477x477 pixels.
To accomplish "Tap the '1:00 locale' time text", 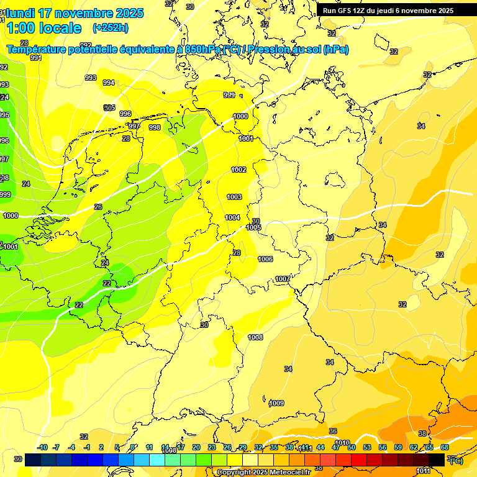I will pyautogui.click(x=43, y=28).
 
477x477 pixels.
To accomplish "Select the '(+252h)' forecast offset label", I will pyautogui.click(x=110, y=28).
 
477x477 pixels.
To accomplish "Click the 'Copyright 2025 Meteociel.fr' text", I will pyautogui.click(x=263, y=473).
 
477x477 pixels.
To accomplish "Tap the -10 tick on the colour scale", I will pyautogui.click(x=42, y=447).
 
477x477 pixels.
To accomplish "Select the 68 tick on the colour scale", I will pyautogui.click(x=445, y=447).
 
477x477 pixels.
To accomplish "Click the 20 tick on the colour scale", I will pyautogui.click(x=196, y=447).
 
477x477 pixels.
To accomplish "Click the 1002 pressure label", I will pyautogui.click(x=238, y=170).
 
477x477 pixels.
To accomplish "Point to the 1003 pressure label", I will pyautogui.click(x=234, y=197).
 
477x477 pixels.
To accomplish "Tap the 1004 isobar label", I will pyautogui.click(x=232, y=217).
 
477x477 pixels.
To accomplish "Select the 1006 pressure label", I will pyautogui.click(x=265, y=259).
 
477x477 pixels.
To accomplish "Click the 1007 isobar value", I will pyautogui.click(x=283, y=279).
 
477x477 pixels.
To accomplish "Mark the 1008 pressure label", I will pyautogui.click(x=255, y=337).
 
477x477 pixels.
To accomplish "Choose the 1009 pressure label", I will pyautogui.click(x=276, y=403).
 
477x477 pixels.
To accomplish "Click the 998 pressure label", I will pyautogui.click(x=155, y=127).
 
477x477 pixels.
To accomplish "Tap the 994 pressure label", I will pyautogui.click(x=109, y=83).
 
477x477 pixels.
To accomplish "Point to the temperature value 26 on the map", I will pyautogui.click(x=98, y=207).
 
